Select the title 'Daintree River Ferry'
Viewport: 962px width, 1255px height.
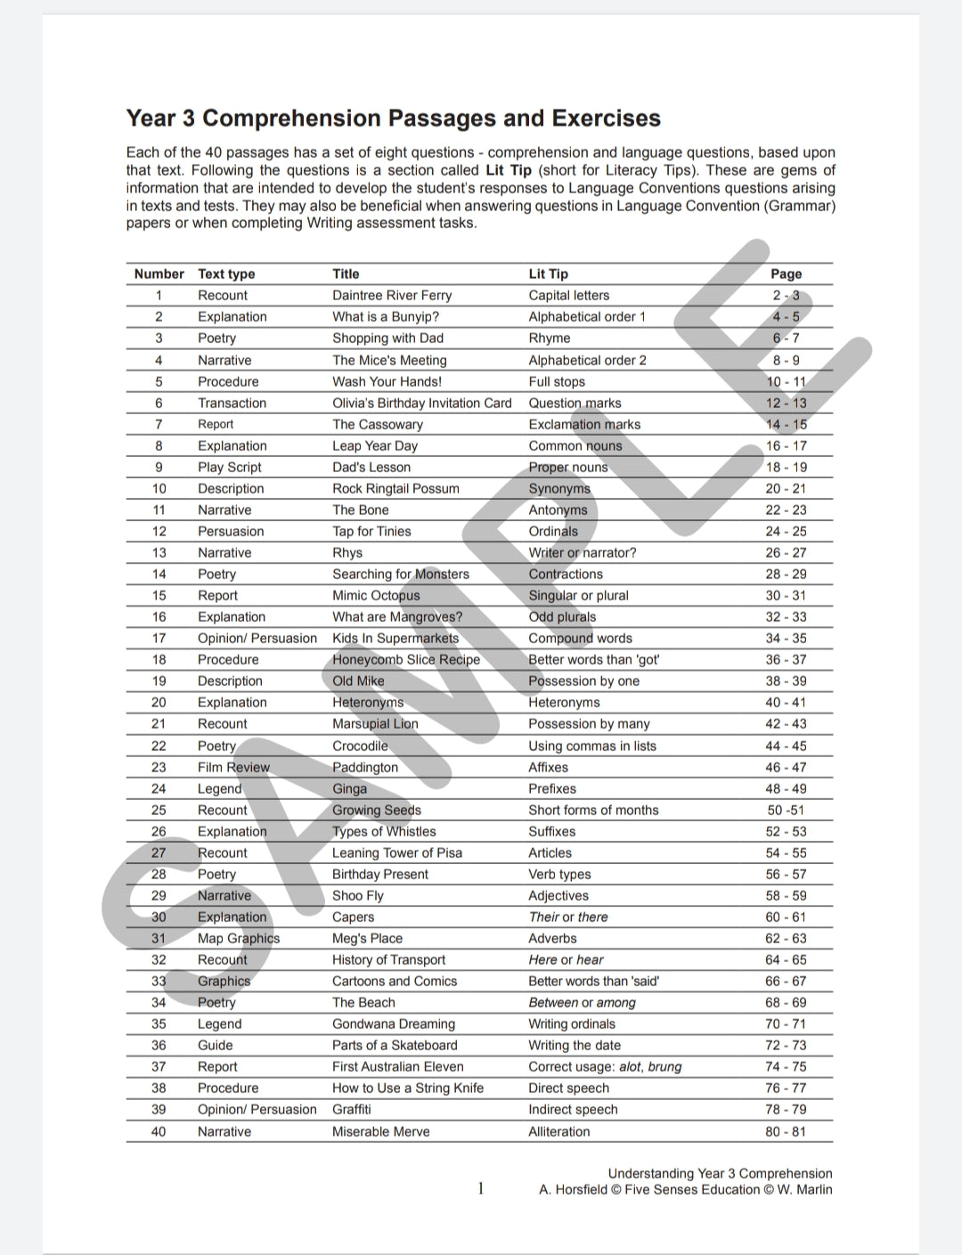pos(392,296)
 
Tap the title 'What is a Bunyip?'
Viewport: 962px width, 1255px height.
pos(386,317)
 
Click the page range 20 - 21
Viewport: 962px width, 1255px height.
pos(786,489)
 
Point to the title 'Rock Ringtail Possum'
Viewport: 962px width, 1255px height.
pos(395,489)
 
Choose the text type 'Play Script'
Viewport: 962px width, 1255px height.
pos(230,468)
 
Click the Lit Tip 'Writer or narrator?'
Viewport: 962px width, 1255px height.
pos(583,553)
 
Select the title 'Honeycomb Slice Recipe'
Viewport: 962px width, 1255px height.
pos(406,660)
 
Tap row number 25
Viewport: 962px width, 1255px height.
pos(159,811)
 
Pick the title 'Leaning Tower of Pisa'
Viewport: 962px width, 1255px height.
pos(397,853)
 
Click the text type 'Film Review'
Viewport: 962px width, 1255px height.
pos(233,768)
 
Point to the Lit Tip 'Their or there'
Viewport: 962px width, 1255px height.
pos(568,917)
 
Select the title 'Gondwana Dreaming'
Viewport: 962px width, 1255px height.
pos(394,1024)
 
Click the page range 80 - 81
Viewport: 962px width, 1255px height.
pos(786,1132)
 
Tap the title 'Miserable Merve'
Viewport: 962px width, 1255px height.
pos(381,1132)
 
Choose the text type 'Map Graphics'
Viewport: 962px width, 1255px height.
pos(239,939)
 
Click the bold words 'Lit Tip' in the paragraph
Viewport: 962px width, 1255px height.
pos(509,170)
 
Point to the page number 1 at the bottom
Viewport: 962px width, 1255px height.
pos(481,1188)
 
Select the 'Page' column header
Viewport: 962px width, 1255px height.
pos(786,274)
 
